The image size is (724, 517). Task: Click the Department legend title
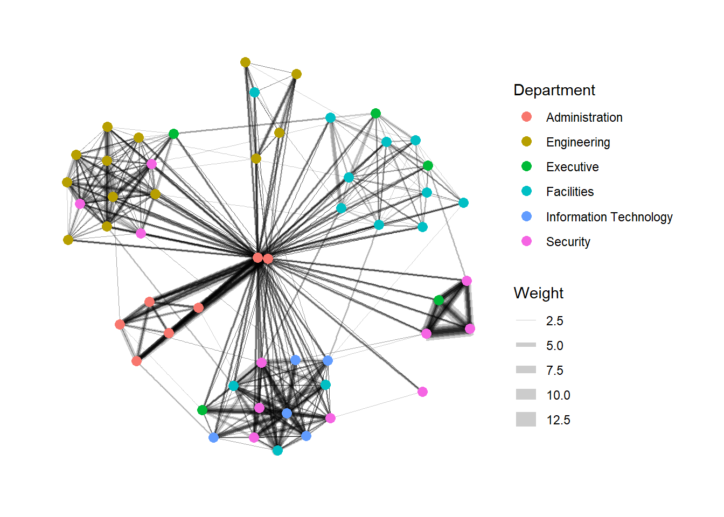[554, 90]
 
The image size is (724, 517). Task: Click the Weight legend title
[539, 293]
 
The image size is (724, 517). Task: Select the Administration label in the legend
[584, 117]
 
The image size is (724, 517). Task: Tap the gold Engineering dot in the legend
[526, 142]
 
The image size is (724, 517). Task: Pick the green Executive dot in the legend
[526, 166]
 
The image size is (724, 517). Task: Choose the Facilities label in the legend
[570, 192]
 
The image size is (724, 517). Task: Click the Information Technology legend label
[609, 217]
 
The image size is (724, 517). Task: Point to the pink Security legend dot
[526, 241]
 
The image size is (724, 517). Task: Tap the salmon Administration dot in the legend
[526, 117]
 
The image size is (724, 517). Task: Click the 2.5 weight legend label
[555, 321]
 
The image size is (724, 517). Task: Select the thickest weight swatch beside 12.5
[526, 420]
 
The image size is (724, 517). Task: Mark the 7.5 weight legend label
[555, 371]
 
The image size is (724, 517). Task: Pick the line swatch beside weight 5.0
[526, 345]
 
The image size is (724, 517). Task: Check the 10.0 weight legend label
[558, 395]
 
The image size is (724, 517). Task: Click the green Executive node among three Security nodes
[438, 300]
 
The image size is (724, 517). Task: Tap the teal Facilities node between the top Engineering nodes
[255, 93]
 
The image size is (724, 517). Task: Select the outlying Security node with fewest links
[422, 392]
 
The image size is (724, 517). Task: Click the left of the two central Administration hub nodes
[257, 258]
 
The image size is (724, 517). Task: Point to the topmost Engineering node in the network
[245, 62]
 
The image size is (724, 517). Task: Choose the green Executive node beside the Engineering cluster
[173, 134]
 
